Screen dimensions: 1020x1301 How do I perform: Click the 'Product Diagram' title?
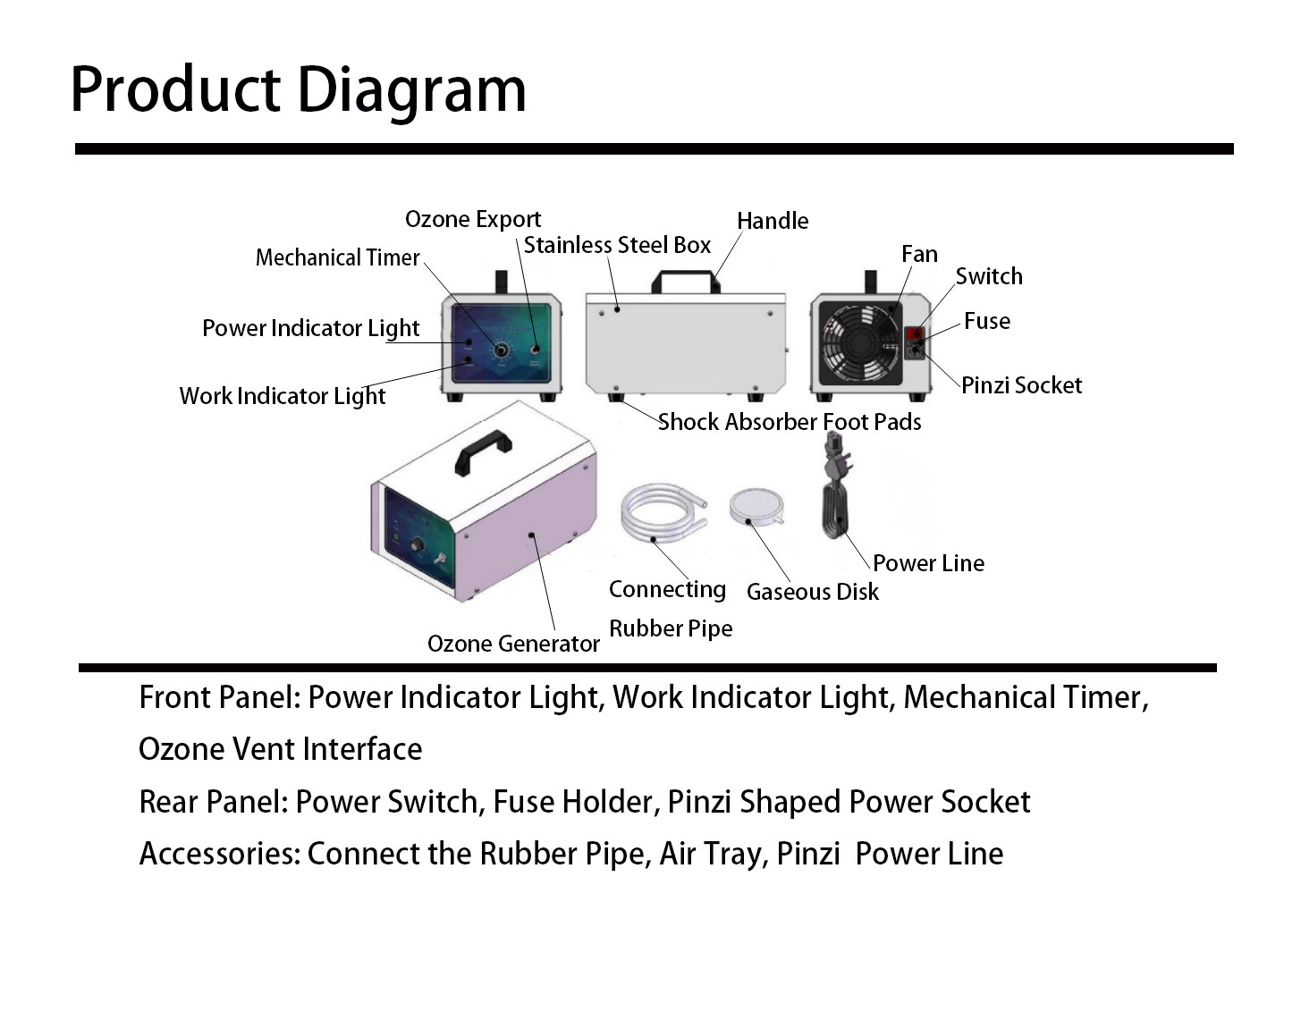coord(298,89)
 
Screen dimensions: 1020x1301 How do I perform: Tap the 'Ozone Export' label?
coord(472,219)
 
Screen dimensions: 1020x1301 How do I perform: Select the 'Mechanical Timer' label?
coord(337,257)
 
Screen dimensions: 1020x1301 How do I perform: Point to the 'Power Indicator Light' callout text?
coord(310,328)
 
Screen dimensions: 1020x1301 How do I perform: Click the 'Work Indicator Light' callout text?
coord(283,396)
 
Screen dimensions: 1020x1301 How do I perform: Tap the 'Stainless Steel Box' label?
coord(617,245)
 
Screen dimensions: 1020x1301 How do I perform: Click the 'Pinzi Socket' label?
coord(1021,385)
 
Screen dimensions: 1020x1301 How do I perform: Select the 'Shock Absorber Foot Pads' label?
coord(789,422)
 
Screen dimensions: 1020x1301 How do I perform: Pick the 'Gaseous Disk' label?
coord(812,592)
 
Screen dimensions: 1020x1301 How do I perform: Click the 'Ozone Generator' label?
coord(513,644)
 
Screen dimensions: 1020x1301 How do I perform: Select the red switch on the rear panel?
coord(915,334)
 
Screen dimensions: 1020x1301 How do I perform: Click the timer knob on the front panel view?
coord(501,350)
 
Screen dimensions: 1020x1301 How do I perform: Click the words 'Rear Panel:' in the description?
coord(214,802)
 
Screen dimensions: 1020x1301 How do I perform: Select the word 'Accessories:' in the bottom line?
coord(220,854)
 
